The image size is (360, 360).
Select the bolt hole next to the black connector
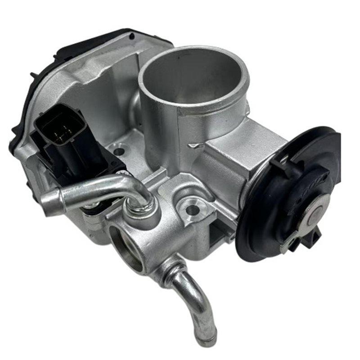[x=118, y=152]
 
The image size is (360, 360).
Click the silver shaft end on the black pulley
[x=315, y=215]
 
